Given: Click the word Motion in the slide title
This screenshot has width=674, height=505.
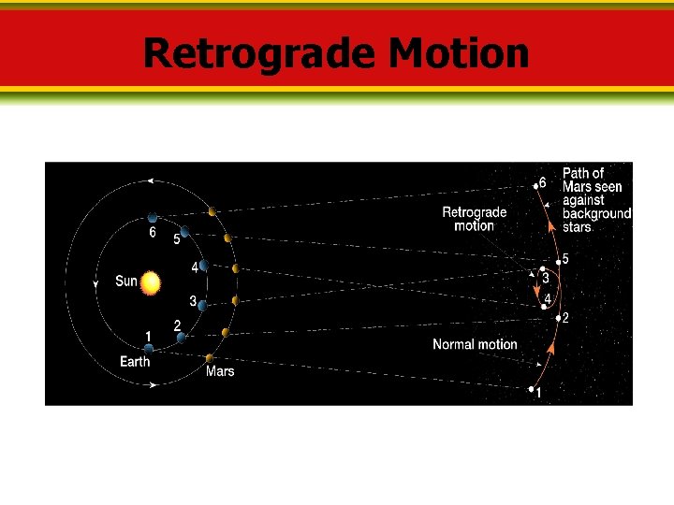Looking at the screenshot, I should click(x=459, y=53).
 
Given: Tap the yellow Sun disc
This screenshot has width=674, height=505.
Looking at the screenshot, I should click(x=152, y=282).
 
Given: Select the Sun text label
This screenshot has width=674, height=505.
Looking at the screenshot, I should click(x=125, y=281).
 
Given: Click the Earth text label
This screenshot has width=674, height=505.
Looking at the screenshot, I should click(x=134, y=361).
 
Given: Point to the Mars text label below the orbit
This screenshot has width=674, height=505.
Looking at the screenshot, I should click(x=220, y=371).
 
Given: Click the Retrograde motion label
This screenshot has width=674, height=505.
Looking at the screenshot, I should click(x=474, y=219).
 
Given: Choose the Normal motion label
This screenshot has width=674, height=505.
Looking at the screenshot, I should click(x=475, y=344).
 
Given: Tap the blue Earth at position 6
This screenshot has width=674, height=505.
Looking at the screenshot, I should click(x=153, y=218).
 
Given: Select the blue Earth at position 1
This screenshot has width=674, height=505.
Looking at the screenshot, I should click(x=149, y=349).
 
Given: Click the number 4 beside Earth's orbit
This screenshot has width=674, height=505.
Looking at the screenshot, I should click(x=194, y=267).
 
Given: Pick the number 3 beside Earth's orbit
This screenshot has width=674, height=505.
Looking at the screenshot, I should click(x=193, y=301).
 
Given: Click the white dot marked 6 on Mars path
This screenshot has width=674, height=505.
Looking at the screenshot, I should click(x=535, y=186).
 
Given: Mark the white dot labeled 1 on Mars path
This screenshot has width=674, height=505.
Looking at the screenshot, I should click(x=531, y=389).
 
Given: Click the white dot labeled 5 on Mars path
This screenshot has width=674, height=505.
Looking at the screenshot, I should click(x=559, y=263).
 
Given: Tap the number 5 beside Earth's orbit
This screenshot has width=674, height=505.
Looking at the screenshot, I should click(x=176, y=239).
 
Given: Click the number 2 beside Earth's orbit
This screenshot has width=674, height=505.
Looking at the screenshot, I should click(x=177, y=325).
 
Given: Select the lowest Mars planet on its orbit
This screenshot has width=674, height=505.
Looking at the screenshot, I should click(x=210, y=357).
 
